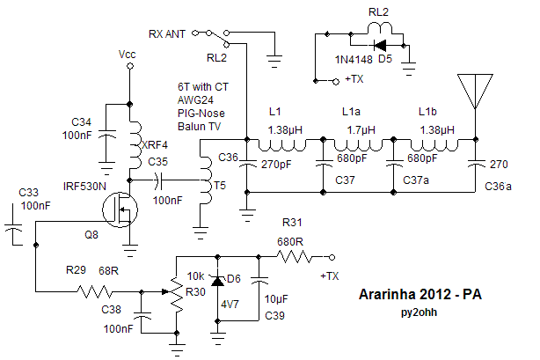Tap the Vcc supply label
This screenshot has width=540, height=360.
(x=128, y=55)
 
